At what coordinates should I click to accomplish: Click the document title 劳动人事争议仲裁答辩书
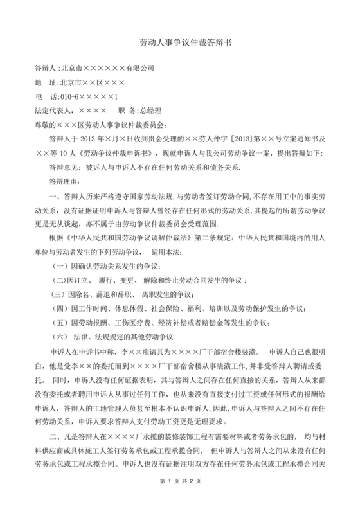(x=179, y=40)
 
